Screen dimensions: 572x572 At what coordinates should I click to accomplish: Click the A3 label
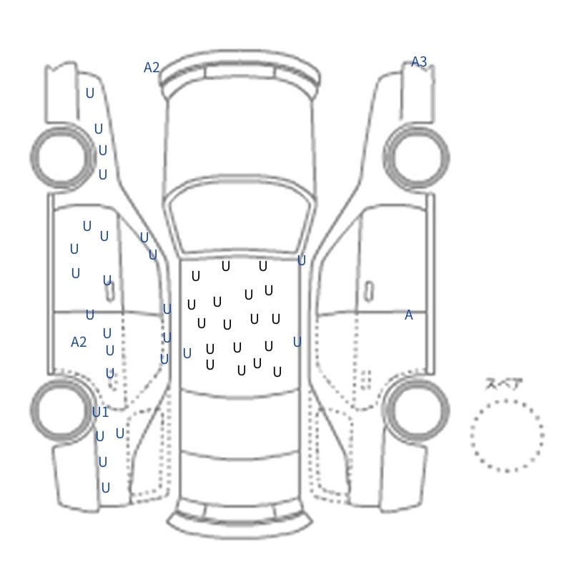click(x=419, y=61)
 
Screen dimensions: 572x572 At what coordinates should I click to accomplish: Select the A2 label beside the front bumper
click(x=152, y=67)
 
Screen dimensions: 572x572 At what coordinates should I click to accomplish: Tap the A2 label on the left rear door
click(x=79, y=342)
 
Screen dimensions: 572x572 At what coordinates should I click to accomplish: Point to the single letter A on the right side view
click(x=408, y=315)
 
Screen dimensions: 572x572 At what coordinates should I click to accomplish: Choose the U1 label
click(x=100, y=413)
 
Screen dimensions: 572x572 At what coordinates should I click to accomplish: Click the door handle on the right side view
click(x=369, y=292)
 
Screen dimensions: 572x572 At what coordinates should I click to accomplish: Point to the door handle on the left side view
click(x=110, y=292)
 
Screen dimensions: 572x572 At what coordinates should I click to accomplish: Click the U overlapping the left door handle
click(x=107, y=280)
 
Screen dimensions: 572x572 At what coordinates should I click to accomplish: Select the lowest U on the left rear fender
click(x=105, y=488)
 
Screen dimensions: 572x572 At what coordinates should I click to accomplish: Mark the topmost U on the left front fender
click(x=90, y=94)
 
